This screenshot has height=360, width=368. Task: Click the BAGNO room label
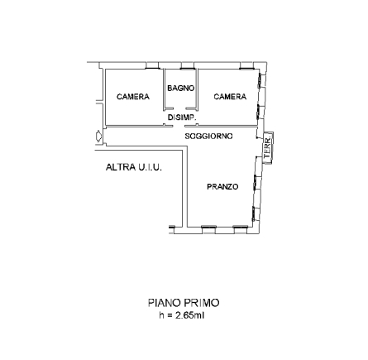(181, 89)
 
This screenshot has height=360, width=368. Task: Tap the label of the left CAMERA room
(133, 97)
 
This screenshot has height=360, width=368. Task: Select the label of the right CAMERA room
(230, 97)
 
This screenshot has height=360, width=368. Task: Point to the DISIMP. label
(182, 118)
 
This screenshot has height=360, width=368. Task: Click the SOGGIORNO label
(208, 137)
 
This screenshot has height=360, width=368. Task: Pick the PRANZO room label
(222, 187)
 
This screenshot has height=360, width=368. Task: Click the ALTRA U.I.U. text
(134, 167)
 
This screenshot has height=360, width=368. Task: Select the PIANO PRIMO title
(184, 303)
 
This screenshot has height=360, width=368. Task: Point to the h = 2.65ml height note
(182, 315)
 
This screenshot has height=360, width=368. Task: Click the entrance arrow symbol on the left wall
(98, 137)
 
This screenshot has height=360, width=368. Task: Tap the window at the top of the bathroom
(187, 68)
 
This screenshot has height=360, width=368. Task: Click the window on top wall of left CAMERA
(152, 68)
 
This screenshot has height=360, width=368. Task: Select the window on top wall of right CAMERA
(246, 68)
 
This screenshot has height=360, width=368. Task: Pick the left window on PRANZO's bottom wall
(209, 227)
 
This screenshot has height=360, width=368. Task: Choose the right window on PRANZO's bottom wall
(241, 227)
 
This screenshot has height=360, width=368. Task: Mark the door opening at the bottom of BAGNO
(179, 108)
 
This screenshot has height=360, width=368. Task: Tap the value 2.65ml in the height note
(190, 315)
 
